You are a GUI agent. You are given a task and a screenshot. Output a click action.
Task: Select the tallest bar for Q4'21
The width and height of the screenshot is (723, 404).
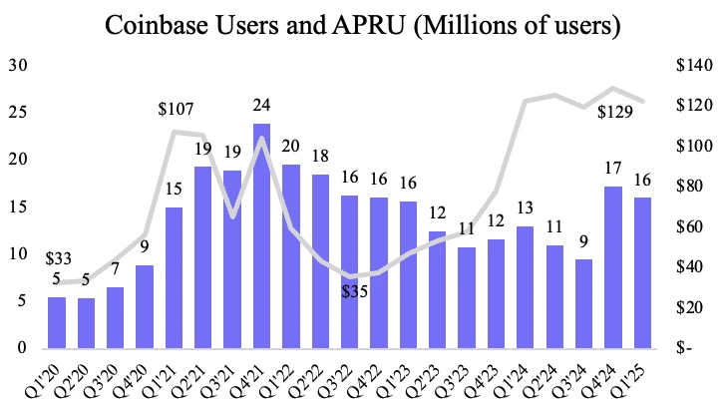pyautogui.click(x=261, y=235)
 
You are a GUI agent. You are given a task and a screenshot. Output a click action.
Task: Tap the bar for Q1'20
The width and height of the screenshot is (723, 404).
pyautogui.click(x=58, y=322)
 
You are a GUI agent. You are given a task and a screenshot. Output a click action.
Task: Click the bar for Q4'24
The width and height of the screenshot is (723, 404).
pyautogui.click(x=613, y=266)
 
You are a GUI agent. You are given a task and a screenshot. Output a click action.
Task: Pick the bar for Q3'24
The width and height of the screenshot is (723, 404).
pyautogui.click(x=584, y=303)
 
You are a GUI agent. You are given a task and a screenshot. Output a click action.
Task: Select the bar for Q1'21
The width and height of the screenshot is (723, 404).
pyautogui.click(x=174, y=277)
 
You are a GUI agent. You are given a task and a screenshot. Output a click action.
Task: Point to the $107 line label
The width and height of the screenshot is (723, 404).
pyautogui.click(x=176, y=110)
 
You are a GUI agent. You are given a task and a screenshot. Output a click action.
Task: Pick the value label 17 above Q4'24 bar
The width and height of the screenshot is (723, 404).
pyautogui.click(x=613, y=169)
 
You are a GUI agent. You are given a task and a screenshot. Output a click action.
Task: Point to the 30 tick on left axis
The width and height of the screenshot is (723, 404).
pyautogui.click(x=17, y=66)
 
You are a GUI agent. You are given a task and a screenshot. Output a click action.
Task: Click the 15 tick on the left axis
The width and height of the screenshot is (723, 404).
pyautogui.click(x=17, y=206)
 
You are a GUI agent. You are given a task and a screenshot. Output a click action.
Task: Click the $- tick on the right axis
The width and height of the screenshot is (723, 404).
pyautogui.click(x=686, y=348)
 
